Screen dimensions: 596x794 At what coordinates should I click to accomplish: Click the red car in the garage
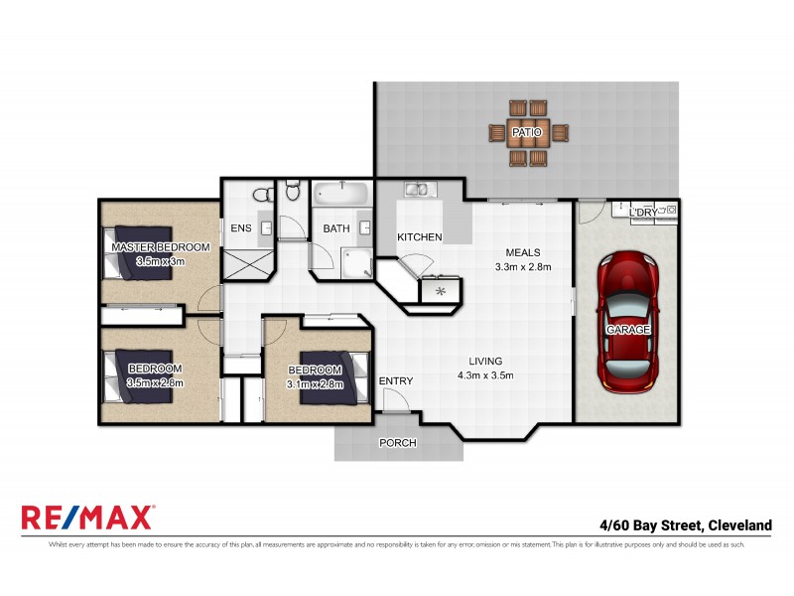[624, 321]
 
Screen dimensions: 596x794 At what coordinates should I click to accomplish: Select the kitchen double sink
[415, 190]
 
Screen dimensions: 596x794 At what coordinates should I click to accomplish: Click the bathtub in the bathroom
[341, 193]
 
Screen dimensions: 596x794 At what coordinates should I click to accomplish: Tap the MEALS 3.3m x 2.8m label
[523, 259]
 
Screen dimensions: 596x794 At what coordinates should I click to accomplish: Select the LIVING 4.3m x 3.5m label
[485, 368]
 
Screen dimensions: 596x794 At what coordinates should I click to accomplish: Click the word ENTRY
[396, 381]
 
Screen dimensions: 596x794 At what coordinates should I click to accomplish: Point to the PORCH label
[397, 443]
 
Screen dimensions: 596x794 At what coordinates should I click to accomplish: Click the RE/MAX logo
[87, 518]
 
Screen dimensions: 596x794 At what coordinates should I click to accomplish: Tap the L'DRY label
[643, 213]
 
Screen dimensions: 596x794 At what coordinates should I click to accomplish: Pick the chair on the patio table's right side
[561, 132]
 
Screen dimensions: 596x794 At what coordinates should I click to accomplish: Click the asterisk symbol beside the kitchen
[440, 292]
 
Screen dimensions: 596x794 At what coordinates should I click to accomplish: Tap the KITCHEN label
[419, 237]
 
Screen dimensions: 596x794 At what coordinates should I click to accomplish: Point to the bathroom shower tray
[356, 262]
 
